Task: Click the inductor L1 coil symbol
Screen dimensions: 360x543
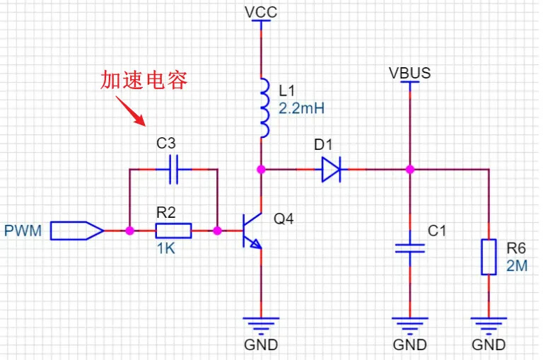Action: (264, 108)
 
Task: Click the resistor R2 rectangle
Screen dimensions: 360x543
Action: (173, 231)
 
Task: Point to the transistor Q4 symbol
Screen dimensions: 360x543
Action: (251, 231)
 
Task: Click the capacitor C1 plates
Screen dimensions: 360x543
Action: (409, 248)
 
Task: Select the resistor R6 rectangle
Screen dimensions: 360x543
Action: (489, 257)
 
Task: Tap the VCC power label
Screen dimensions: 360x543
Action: (261, 13)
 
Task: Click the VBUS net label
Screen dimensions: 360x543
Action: (409, 73)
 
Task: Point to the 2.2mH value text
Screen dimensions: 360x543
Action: (302, 109)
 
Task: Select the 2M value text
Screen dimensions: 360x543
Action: (517, 266)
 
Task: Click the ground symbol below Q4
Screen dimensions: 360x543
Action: (261, 325)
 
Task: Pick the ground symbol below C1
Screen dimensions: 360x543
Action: (409, 325)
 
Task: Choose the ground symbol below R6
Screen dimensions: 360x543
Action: (489, 325)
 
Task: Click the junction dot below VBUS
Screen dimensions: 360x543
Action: (409, 169)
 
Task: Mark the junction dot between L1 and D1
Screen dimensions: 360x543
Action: (261, 169)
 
